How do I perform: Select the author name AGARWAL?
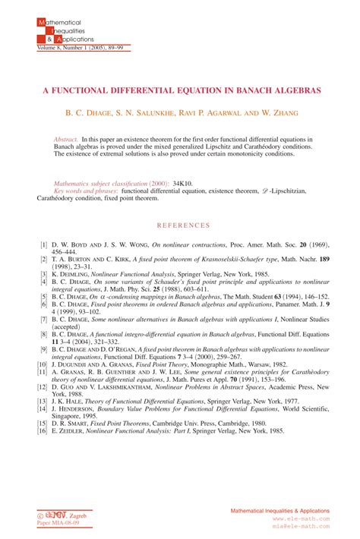coord(227,113)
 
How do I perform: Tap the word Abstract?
coord(67,140)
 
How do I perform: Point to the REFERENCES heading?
coord(182,225)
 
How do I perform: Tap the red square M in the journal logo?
coord(41,24)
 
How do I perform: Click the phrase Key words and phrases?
coord(84,192)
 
